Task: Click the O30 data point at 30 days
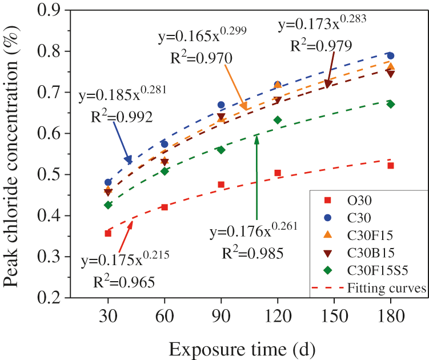[108, 233]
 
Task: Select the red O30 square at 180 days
[391, 166]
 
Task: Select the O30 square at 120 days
[278, 173]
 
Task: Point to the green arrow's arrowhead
[257, 138]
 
